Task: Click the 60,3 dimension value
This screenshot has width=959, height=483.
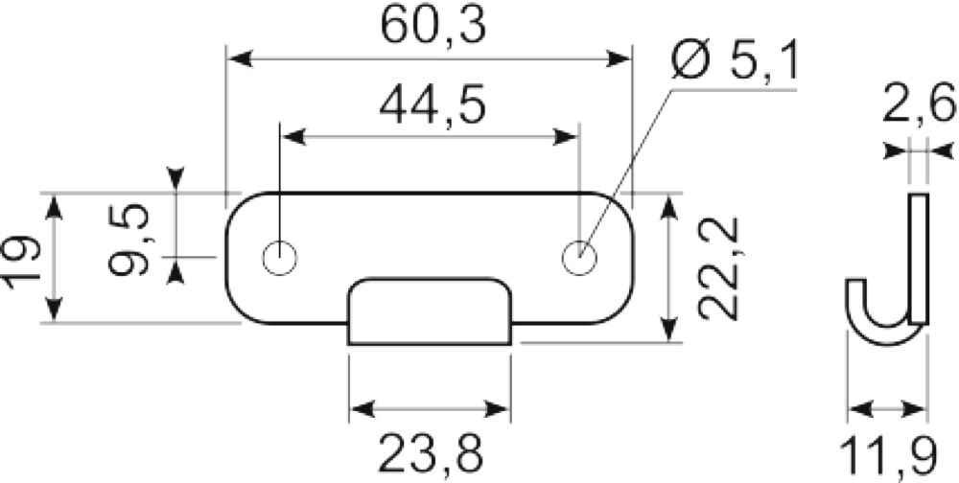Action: [433, 26]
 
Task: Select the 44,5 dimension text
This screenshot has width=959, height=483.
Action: [433, 104]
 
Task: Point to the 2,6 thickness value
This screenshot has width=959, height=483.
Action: [918, 104]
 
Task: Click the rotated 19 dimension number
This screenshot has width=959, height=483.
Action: [22, 258]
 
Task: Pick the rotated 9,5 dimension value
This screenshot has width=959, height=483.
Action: [129, 240]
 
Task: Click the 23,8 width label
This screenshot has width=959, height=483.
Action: [431, 453]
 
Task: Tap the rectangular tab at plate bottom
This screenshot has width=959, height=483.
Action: [430, 311]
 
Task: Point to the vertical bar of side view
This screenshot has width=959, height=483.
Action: [919, 258]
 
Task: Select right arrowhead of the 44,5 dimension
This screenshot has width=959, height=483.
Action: [565, 138]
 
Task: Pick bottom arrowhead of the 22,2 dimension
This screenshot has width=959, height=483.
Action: [670, 329]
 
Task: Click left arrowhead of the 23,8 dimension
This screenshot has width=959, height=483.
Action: [363, 409]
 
